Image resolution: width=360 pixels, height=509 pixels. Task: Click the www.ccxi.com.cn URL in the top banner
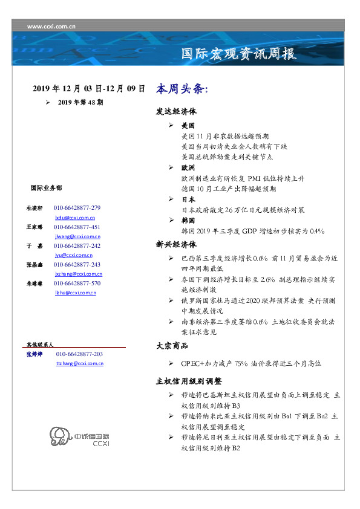tap(51, 25)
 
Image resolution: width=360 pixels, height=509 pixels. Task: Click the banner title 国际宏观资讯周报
tap(239, 53)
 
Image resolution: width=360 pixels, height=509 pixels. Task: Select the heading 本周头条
tap(182, 88)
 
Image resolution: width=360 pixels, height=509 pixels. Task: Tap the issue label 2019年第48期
tap(80, 103)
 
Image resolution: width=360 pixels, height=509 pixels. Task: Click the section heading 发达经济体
tap(176, 112)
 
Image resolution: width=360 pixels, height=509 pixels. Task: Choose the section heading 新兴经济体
tap(176, 245)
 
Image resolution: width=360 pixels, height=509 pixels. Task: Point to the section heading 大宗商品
tap(172, 346)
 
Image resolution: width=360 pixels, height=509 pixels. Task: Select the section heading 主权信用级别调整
tap(189, 381)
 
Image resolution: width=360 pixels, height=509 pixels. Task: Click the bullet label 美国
tap(188, 126)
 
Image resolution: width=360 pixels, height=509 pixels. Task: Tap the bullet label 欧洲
tap(188, 167)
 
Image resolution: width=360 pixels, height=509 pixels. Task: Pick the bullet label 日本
tap(188, 199)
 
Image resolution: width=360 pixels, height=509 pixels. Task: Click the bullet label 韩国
tap(188, 221)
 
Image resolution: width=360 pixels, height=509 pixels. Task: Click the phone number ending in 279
tap(77, 207)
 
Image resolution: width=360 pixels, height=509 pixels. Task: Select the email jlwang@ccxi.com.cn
tap(77, 236)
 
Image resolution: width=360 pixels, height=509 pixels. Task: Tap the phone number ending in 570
tap(77, 283)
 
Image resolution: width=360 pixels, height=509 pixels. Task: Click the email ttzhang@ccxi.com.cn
tap(79, 363)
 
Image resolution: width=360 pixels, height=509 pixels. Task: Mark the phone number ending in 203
tap(79, 354)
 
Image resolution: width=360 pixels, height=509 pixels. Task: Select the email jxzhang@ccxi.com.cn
tap(77, 274)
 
